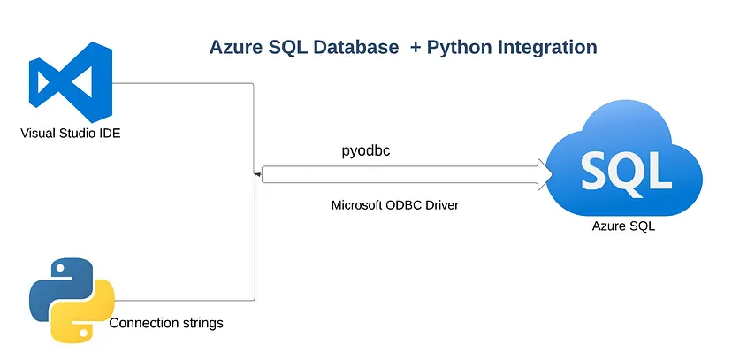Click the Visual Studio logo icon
point(70,84)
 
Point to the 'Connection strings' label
point(166,323)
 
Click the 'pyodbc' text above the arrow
point(366,150)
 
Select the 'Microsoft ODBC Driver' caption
point(395,205)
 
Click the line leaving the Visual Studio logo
point(186,83)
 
